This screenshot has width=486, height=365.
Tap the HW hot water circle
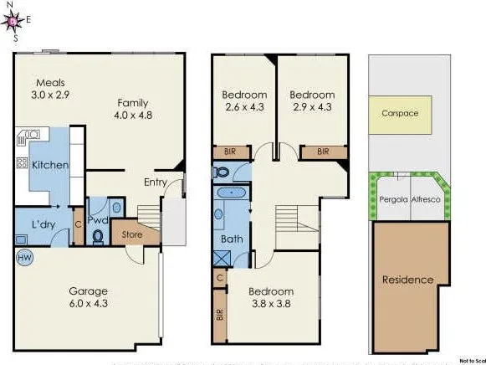pos(23,258)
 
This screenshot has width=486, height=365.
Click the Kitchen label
pos(50,165)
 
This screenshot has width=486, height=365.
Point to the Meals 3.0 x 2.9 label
pos(51,90)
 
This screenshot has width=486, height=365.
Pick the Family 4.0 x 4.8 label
pos(132,110)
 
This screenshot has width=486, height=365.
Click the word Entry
pos(156,182)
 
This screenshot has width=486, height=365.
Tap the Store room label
pos(132,234)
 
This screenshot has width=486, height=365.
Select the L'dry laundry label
pos(43,225)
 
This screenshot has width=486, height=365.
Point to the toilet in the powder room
pos(98,237)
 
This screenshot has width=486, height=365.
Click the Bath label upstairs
pos(231,239)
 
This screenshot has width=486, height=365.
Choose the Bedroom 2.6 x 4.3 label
pos(244,101)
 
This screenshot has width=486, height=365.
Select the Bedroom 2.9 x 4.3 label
pos(312,101)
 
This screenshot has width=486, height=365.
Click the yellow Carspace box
pos(400,113)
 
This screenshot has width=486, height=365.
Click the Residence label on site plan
pos(408,280)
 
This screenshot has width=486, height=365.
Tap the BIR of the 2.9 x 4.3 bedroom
pos(322,152)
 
